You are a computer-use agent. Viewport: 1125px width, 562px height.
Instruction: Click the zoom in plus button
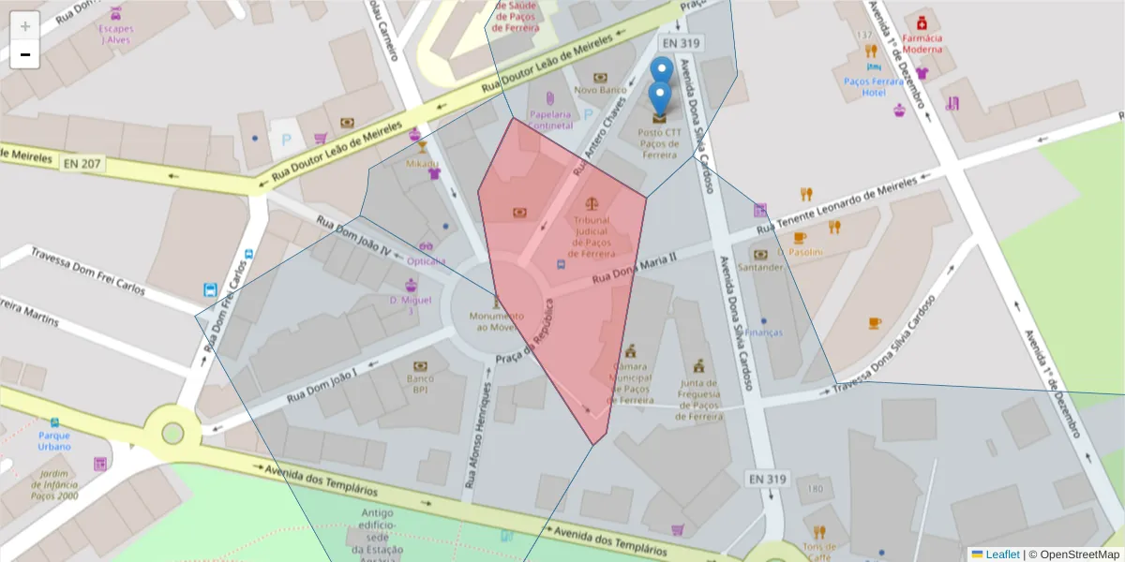(25, 26)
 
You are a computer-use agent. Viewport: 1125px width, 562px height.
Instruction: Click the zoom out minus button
(25, 55)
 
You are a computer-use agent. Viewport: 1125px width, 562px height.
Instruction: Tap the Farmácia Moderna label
(922, 43)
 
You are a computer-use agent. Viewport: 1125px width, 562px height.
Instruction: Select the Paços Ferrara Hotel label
(874, 87)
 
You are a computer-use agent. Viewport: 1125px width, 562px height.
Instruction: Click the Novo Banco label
(600, 91)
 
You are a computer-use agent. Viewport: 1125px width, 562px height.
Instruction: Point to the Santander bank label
(760, 267)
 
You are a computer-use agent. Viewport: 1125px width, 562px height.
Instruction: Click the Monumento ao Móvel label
(497, 321)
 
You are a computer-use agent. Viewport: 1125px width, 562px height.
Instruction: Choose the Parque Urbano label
(54, 440)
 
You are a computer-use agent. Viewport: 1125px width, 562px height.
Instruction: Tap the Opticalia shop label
(427, 261)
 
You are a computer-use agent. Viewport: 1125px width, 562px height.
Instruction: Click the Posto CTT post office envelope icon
(660, 117)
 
